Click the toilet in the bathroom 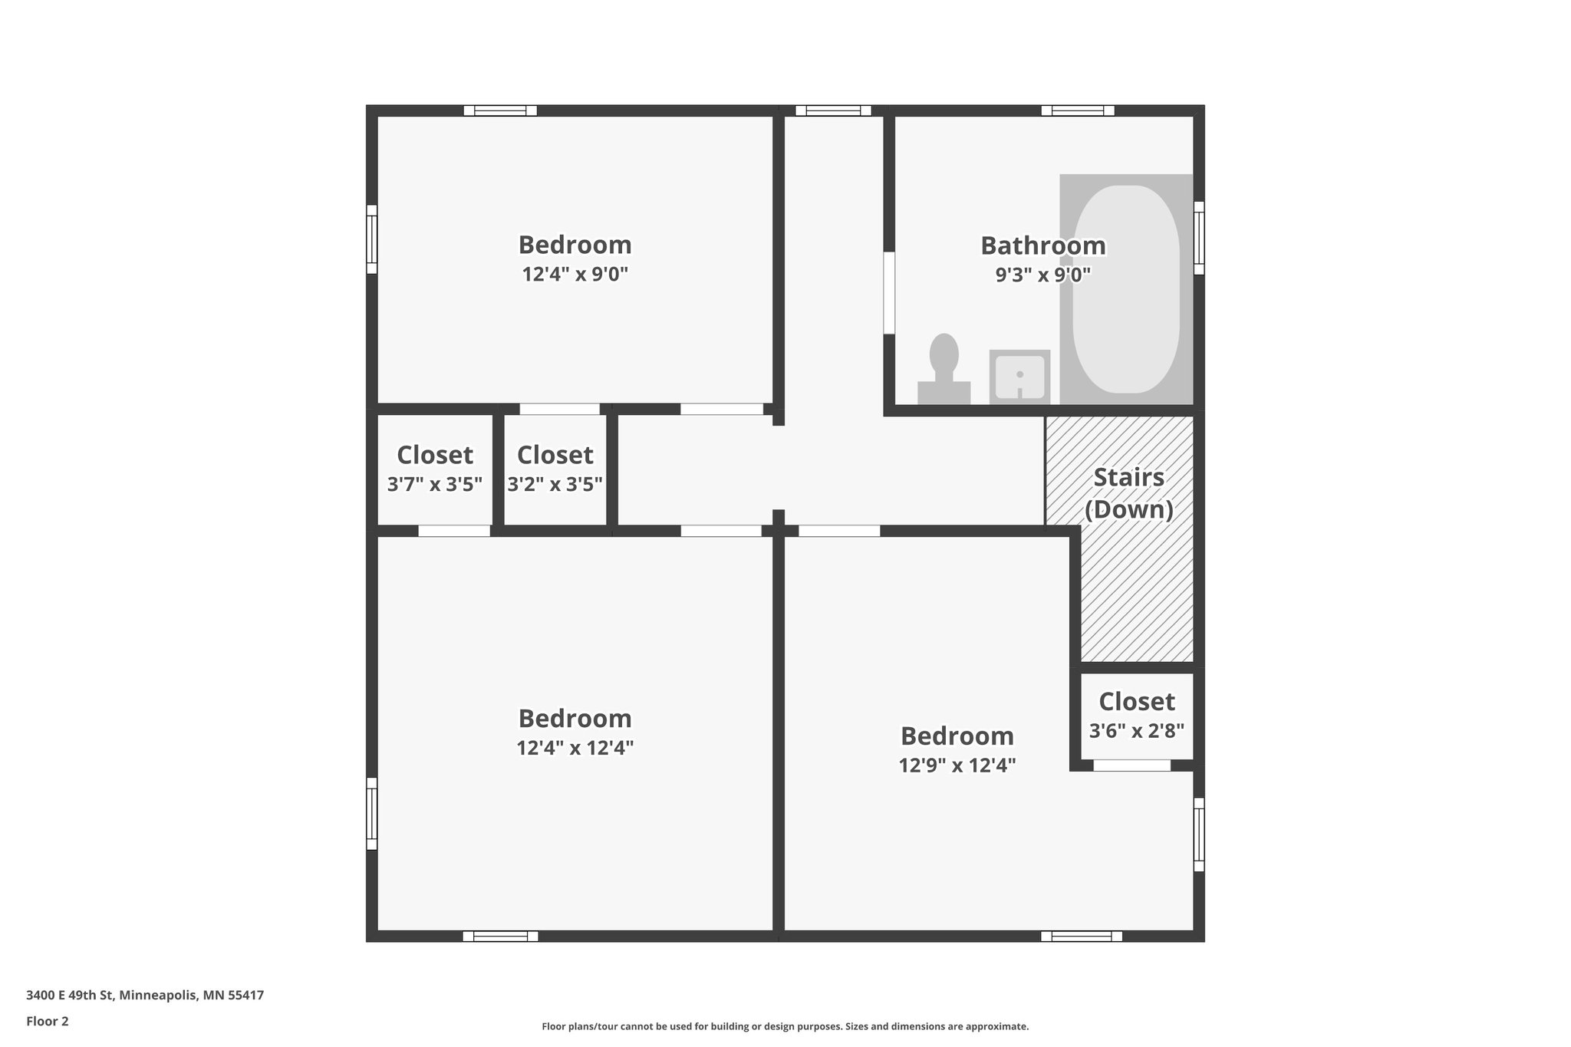944,369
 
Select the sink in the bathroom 1019,377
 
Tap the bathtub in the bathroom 1125,289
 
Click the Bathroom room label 1043,245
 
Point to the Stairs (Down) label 1129,493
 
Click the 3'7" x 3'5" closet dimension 435,484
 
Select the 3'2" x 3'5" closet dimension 555,484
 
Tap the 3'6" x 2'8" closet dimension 1137,729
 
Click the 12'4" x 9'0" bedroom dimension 575,274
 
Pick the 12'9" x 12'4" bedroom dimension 957,765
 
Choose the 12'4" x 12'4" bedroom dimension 575,747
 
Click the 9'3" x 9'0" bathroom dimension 1043,274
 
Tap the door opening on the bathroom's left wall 889,293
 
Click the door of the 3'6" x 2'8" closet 1132,765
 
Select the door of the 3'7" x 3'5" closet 454,530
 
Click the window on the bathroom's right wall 1199,238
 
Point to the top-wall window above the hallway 833,110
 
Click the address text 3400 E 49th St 145,996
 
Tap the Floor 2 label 48,1021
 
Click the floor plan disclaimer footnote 785,1026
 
